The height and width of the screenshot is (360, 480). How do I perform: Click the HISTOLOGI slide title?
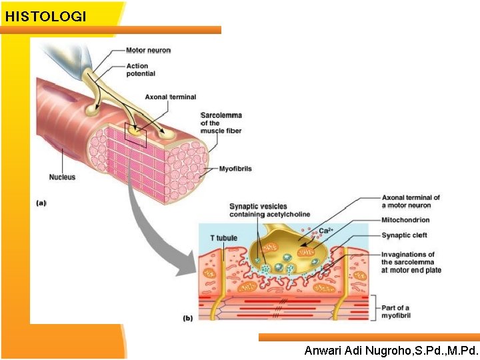(45, 17)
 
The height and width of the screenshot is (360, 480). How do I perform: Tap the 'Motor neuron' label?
(148, 50)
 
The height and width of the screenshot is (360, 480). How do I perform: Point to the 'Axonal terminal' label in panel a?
(171, 97)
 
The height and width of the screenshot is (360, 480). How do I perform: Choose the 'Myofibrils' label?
(235, 169)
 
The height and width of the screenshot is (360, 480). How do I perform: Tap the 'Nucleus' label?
(62, 177)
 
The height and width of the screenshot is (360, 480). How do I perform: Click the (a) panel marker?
(41, 203)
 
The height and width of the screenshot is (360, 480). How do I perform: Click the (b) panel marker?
(188, 318)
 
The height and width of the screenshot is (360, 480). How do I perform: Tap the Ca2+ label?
(325, 231)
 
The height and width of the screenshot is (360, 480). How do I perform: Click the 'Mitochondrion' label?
(405, 220)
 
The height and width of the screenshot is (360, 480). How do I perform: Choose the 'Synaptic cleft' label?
(404, 235)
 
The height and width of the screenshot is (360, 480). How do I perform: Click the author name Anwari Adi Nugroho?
(391, 350)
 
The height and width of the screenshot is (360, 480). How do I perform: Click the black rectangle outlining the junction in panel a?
(135, 135)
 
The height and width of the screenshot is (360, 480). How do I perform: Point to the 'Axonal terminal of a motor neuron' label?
(411, 201)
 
